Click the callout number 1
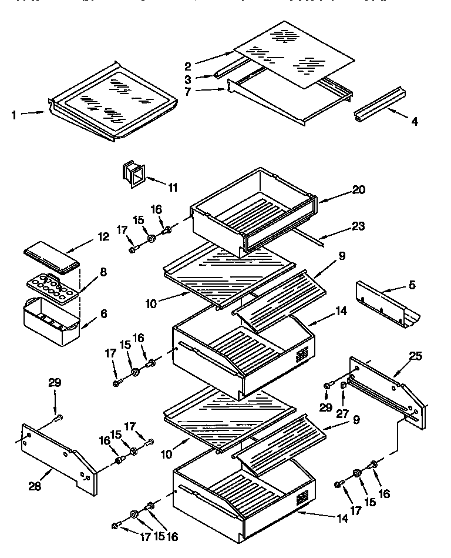point(14,115)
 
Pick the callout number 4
point(415,122)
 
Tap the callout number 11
point(172,188)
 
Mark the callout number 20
point(359,189)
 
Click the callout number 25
point(415,355)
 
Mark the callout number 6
point(103,313)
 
